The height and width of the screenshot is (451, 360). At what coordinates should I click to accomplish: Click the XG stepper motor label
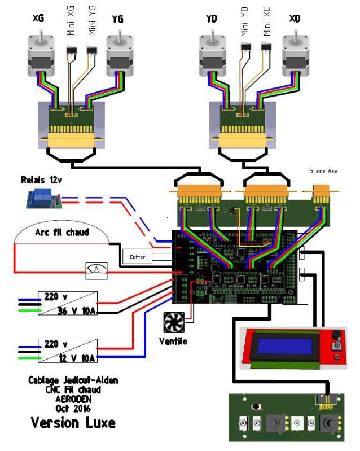pyautogui.click(x=38, y=20)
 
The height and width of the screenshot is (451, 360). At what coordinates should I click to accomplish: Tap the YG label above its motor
pyautogui.click(x=117, y=20)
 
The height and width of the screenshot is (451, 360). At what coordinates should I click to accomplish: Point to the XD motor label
pyautogui.click(x=294, y=20)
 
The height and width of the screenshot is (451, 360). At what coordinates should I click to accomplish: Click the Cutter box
pyautogui.click(x=137, y=257)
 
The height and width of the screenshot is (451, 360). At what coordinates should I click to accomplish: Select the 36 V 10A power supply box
pyautogui.click(x=67, y=305)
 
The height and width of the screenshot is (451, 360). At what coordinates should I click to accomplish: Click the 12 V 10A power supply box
pyautogui.click(x=67, y=351)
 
